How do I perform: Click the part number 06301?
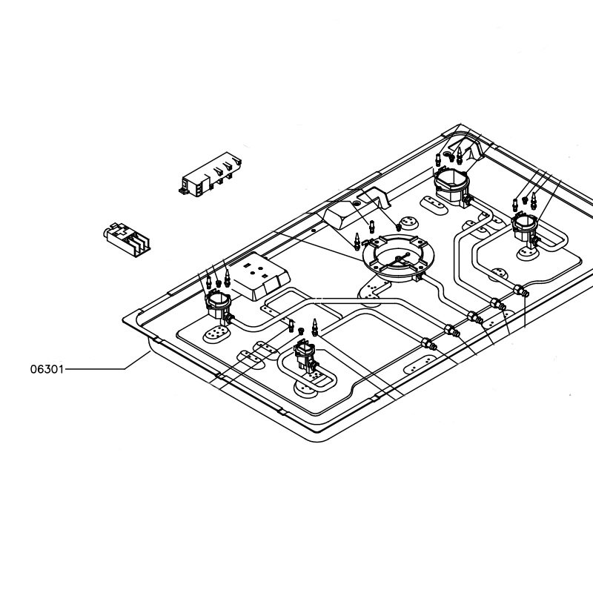point(47,368)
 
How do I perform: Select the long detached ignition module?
point(210,174)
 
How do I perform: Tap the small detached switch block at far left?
point(126,239)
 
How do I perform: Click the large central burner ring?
point(398,258)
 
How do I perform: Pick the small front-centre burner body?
point(305,355)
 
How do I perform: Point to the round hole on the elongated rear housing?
point(357,204)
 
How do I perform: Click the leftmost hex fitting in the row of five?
point(429,344)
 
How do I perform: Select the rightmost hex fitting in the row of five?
point(521,291)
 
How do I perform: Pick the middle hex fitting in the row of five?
point(475,317)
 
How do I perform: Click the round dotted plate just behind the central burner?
point(409,224)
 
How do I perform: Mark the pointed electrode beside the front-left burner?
point(227,278)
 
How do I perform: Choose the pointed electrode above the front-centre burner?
point(314,327)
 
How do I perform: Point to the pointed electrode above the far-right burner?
point(534,201)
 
